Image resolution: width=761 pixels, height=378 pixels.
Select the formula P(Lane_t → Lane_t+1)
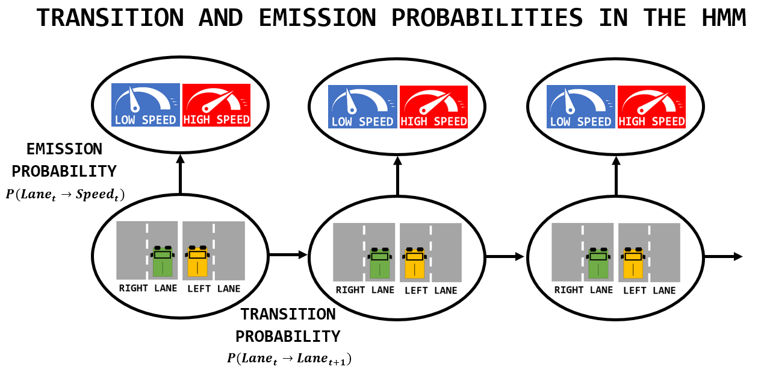click(289, 358)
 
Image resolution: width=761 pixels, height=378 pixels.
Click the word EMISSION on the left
click(64, 149)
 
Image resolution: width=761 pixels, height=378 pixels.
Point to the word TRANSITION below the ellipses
click(288, 314)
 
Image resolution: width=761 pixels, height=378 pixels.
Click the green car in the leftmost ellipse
click(162, 260)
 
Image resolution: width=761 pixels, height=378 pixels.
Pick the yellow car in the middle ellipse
click(415, 263)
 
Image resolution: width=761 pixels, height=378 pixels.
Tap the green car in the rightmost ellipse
click(598, 263)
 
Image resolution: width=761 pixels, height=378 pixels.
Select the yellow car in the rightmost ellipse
click(633, 263)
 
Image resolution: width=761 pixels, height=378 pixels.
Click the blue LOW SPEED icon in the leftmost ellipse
click(146, 105)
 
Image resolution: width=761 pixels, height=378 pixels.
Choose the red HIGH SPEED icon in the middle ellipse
click(433, 107)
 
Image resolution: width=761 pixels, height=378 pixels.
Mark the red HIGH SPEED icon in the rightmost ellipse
click(651, 107)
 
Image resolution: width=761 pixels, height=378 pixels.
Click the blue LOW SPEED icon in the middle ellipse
click(362, 107)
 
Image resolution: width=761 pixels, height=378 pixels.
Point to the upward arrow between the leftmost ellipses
click(179, 175)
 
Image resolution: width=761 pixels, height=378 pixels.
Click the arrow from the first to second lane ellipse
click(288, 255)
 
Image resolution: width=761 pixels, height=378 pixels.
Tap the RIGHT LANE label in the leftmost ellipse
click(148, 288)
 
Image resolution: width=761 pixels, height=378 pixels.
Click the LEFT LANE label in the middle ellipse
click(430, 291)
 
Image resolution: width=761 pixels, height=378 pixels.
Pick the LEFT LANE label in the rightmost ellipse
click(649, 291)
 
